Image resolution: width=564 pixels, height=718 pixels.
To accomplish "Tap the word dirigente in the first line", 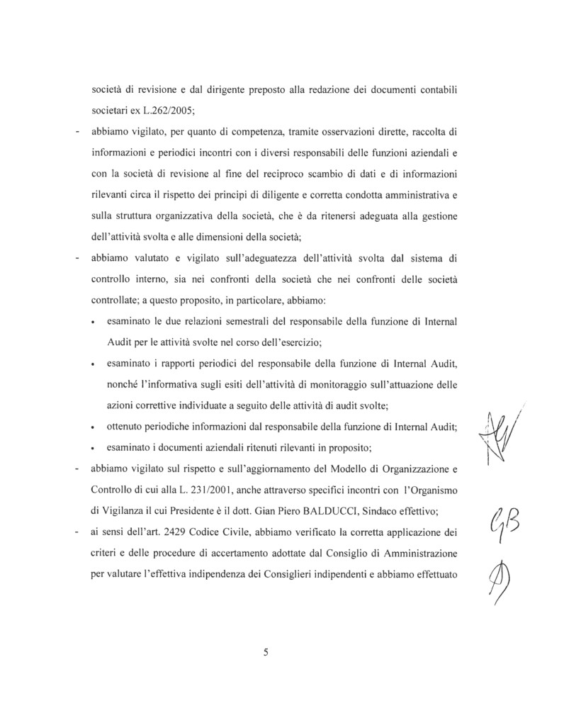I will point(220,91).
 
